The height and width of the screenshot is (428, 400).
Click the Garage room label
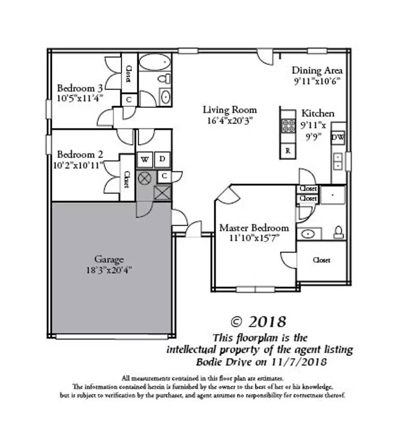109,260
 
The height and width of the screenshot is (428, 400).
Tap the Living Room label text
230,110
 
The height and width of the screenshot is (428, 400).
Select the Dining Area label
317,71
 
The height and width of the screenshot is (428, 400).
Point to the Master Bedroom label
254,228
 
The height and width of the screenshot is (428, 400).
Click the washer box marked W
145,159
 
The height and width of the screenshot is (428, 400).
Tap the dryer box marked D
162,159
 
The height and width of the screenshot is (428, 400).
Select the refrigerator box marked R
288,151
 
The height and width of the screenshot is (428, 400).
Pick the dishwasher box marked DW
338,138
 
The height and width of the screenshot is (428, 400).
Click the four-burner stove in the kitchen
288,126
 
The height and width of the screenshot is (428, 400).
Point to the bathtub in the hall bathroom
155,63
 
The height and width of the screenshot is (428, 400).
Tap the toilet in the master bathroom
339,232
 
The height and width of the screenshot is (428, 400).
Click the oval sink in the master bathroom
308,234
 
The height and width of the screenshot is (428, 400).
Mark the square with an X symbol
162,193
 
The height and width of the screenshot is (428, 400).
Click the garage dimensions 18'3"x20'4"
109,270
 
